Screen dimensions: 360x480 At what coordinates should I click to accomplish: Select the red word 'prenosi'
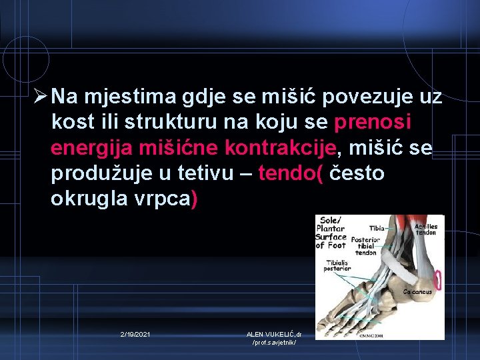(373, 123)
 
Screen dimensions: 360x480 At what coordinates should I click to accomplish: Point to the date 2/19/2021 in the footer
(135, 333)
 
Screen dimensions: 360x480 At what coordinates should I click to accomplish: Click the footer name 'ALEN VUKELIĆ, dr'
(274, 333)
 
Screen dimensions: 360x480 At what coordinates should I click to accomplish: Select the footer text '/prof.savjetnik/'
(274, 343)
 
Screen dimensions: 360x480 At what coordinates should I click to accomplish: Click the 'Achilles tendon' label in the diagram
(426, 229)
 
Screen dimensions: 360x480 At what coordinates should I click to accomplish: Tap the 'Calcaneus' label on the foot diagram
(418, 291)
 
